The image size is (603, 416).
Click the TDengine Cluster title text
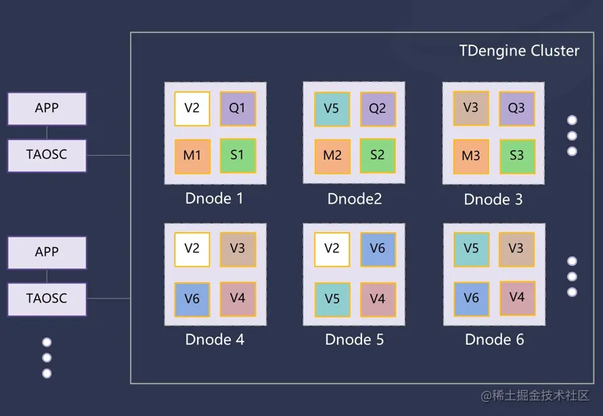pyautogui.click(x=519, y=51)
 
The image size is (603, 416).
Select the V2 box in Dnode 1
pyautogui.click(x=192, y=108)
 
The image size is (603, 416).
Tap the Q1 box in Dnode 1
pyautogui.click(x=238, y=108)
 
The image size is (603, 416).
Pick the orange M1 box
pyautogui.click(x=192, y=156)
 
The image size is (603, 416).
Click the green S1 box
pyautogui.click(x=238, y=155)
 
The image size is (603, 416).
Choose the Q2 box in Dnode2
pyautogui.click(x=378, y=108)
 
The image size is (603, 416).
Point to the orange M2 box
pyautogui.click(x=332, y=156)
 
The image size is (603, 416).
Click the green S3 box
pyautogui.click(x=517, y=156)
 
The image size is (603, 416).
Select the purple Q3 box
pyautogui.click(x=517, y=108)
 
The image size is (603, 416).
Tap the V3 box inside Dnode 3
pyautogui.click(x=471, y=108)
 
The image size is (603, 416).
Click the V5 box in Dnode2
pyautogui.click(x=332, y=108)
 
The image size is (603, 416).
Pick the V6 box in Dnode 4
pyautogui.click(x=192, y=298)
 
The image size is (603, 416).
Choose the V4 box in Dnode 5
pyautogui.click(x=378, y=298)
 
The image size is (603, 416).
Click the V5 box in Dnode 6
pyautogui.click(x=471, y=249)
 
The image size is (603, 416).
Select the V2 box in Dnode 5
pyautogui.click(x=332, y=249)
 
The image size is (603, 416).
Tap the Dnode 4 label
pyautogui.click(x=215, y=340)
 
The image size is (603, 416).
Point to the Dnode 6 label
pyautogui.click(x=494, y=340)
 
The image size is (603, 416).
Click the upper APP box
pyautogui.click(x=47, y=108)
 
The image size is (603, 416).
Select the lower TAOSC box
pyautogui.click(x=47, y=298)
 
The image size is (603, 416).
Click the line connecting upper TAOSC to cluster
pyautogui.click(x=108, y=155)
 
